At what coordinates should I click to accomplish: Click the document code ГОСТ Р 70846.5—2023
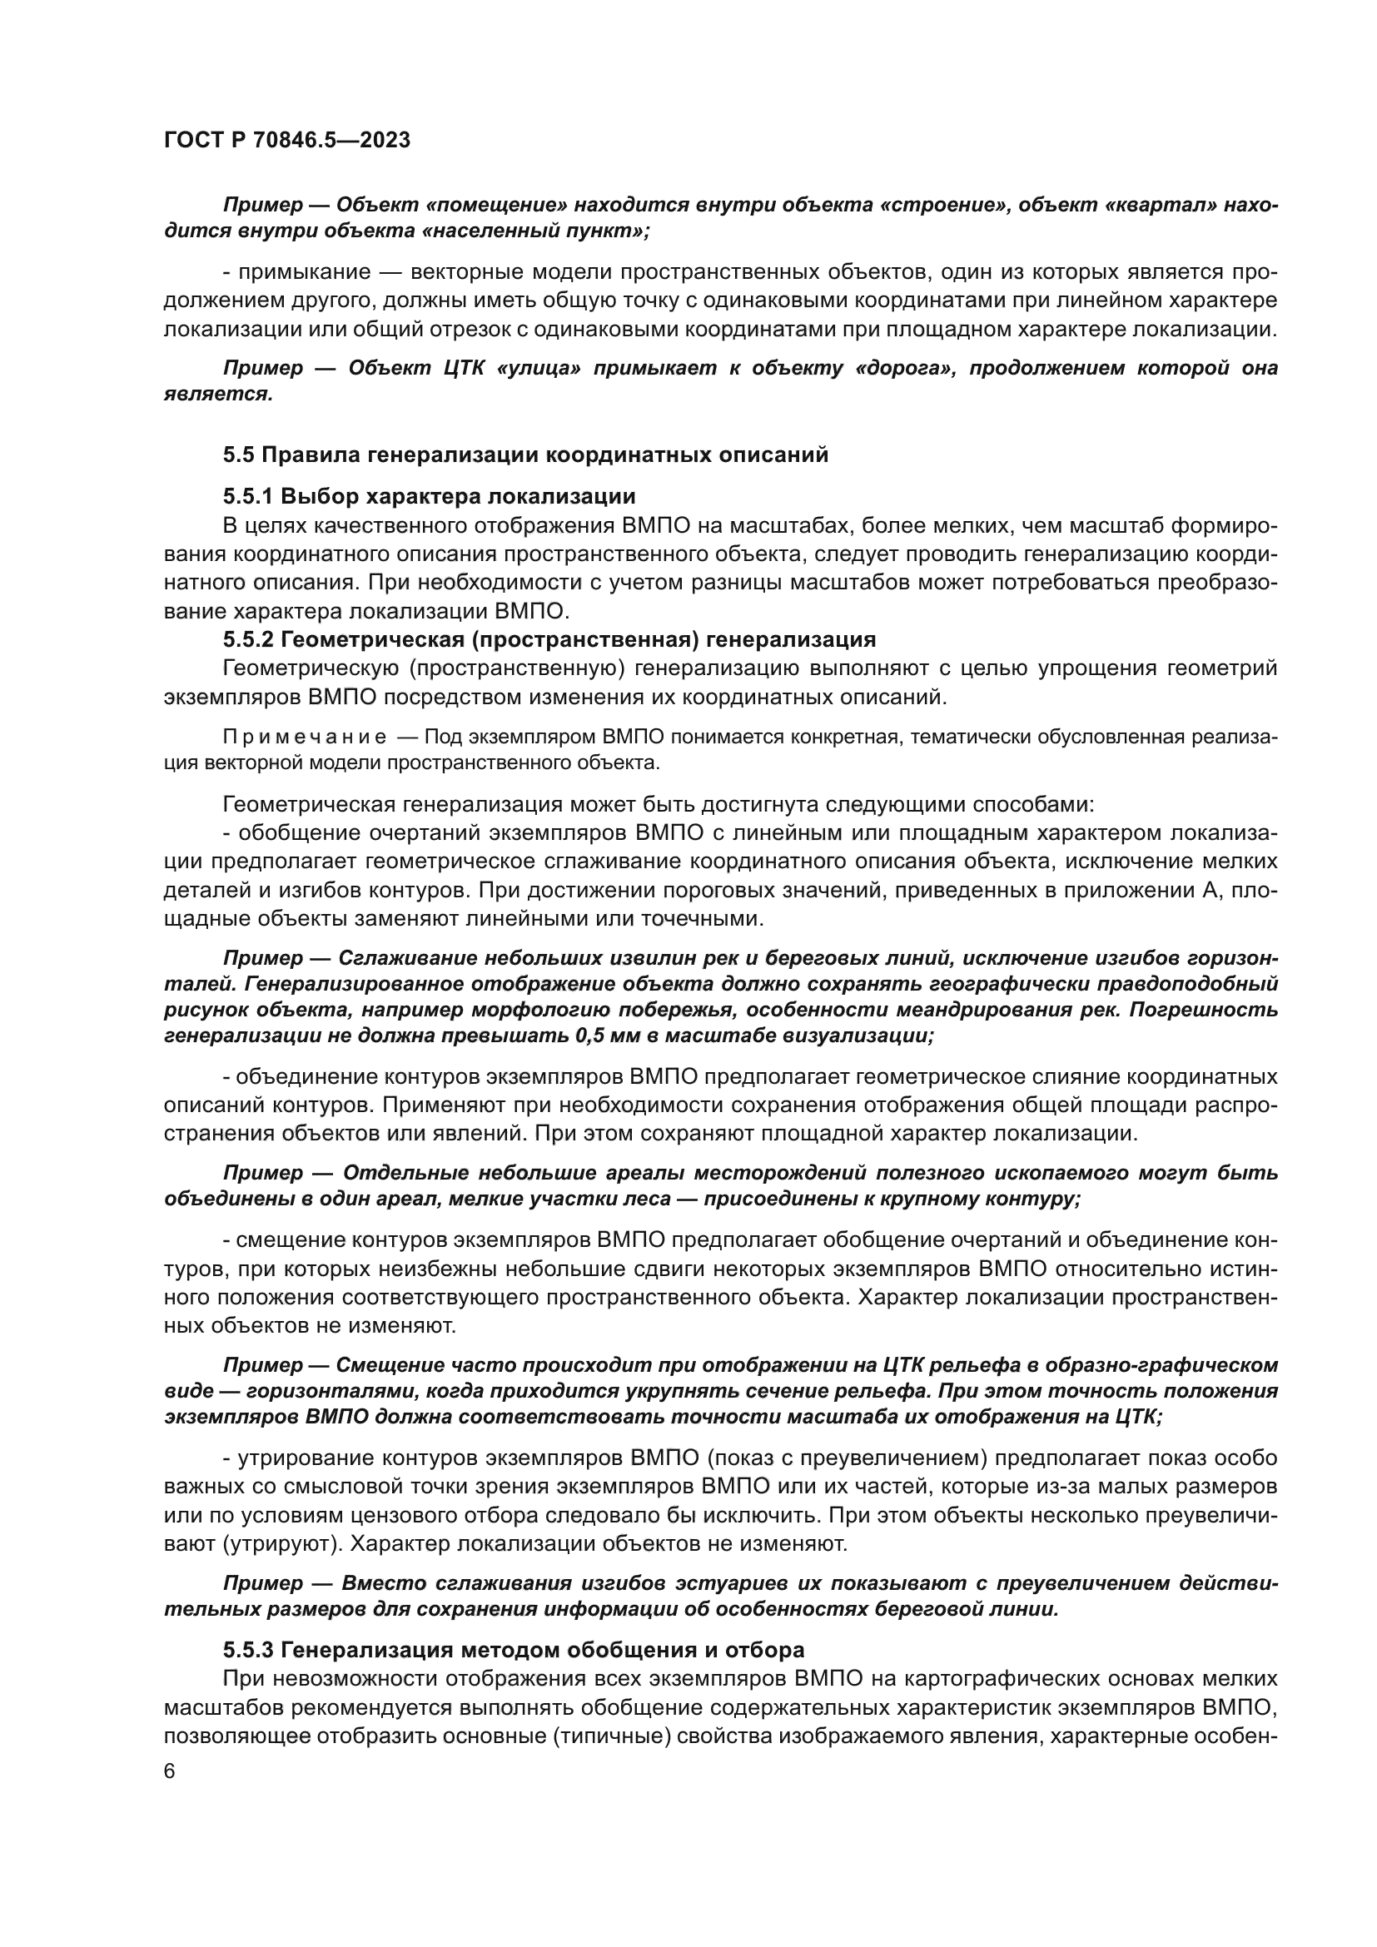click(286, 140)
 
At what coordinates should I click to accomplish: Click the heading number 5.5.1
click(247, 495)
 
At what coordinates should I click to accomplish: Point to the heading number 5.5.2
click(247, 638)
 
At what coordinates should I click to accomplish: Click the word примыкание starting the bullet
click(305, 272)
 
